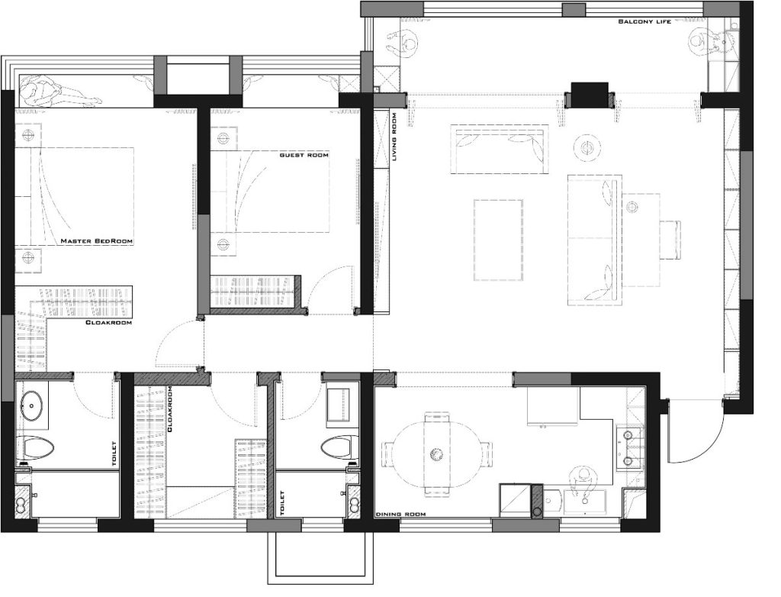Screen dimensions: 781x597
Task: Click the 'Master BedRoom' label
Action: point(97,241)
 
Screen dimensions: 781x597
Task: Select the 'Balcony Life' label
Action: point(644,21)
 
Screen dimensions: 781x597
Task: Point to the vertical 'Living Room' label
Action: point(394,137)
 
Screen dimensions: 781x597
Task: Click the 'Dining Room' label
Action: point(400,515)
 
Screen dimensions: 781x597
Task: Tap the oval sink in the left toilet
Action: point(33,405)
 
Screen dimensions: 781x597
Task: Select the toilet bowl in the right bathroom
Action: point(339,447)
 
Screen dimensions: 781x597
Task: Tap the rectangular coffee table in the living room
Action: point(499,240)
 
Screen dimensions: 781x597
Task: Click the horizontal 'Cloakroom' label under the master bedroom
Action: point(108,323)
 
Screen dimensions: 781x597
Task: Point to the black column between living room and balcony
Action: point(590,94)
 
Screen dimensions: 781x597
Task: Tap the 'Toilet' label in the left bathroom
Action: point(114,454)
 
